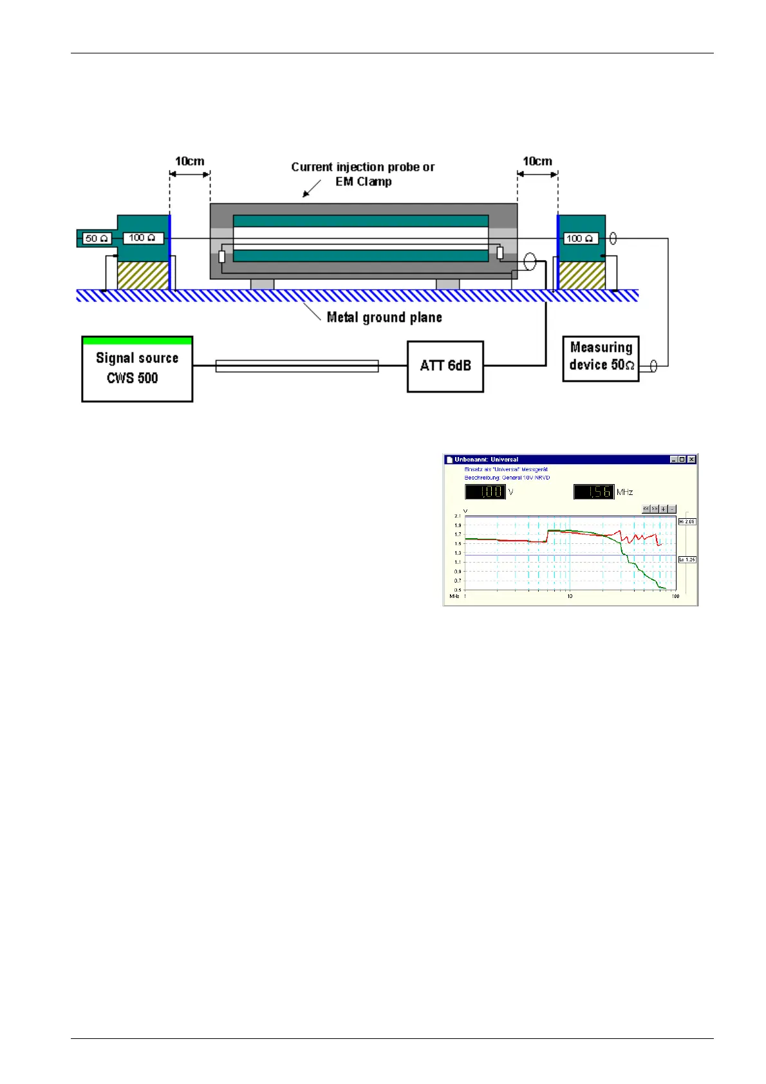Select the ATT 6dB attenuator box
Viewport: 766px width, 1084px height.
click(445, 366)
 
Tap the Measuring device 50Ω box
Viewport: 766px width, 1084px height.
click(601, 358)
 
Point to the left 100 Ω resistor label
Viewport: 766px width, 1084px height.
click(143, 238)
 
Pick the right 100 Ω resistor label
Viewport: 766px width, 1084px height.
click(580, 239)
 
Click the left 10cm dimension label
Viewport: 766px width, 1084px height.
click(190, 161)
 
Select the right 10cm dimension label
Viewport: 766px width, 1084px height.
click(537, 161)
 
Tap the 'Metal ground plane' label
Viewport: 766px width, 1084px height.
click(384, 317)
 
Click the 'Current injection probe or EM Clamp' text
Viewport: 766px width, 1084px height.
click(363, 174)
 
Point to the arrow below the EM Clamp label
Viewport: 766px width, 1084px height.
click(312, 189)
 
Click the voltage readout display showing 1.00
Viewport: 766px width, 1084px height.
click(485, 492)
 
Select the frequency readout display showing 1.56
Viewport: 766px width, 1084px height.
click(594, 492)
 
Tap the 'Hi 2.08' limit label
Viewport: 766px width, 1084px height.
click(687, 522)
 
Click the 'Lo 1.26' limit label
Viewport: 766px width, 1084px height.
click(687, 560)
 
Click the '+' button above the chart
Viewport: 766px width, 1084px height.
click(664, 509)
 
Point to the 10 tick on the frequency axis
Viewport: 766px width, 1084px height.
click(570, 597)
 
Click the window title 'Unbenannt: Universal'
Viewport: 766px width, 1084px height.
click(486, 460)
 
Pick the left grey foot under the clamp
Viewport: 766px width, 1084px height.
click(262, 285)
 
